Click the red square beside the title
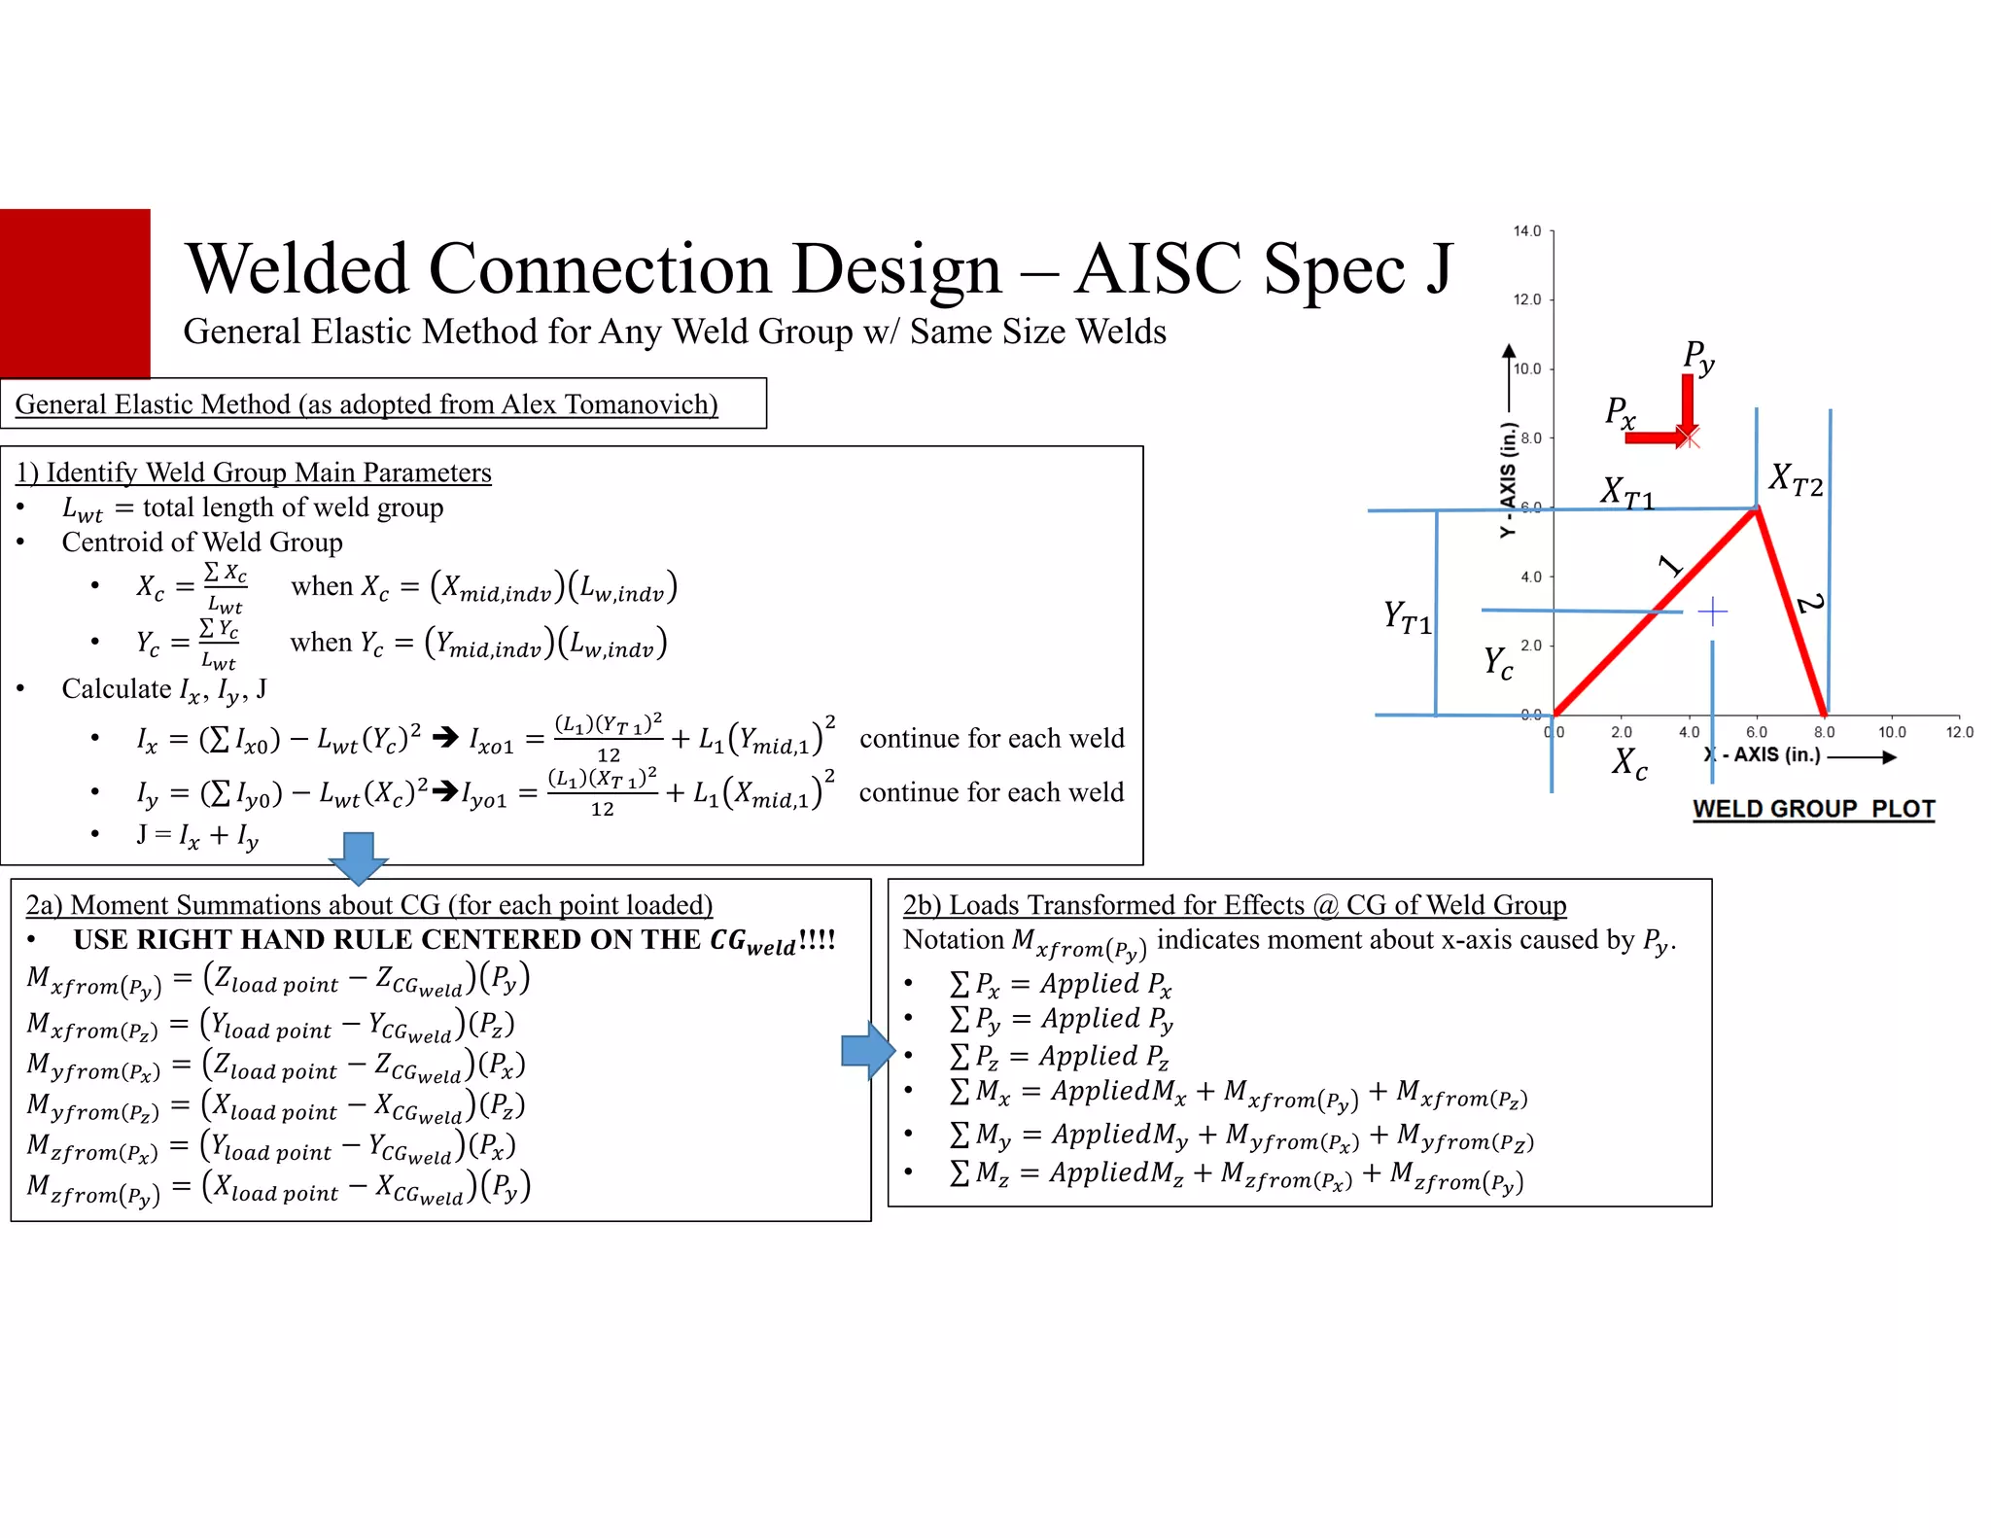(75, 292)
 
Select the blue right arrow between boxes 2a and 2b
(867, 1050)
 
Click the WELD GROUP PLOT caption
(1813, 809)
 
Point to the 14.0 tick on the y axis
(1527, 231)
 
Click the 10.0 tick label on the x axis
(1892, 732)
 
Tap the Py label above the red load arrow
(1698, 357)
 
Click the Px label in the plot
(1620, 412)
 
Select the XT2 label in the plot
(1795, 479)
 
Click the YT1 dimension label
(1407, 617)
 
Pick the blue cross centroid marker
(1712, 612)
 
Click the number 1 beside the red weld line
(1669, 565)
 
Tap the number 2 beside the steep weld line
(1809, 604)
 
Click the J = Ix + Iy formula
(197, 836)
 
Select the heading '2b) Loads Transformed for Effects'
(1234, 905)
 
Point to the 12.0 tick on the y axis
(1527, 299)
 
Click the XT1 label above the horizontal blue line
(1626, 492)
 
